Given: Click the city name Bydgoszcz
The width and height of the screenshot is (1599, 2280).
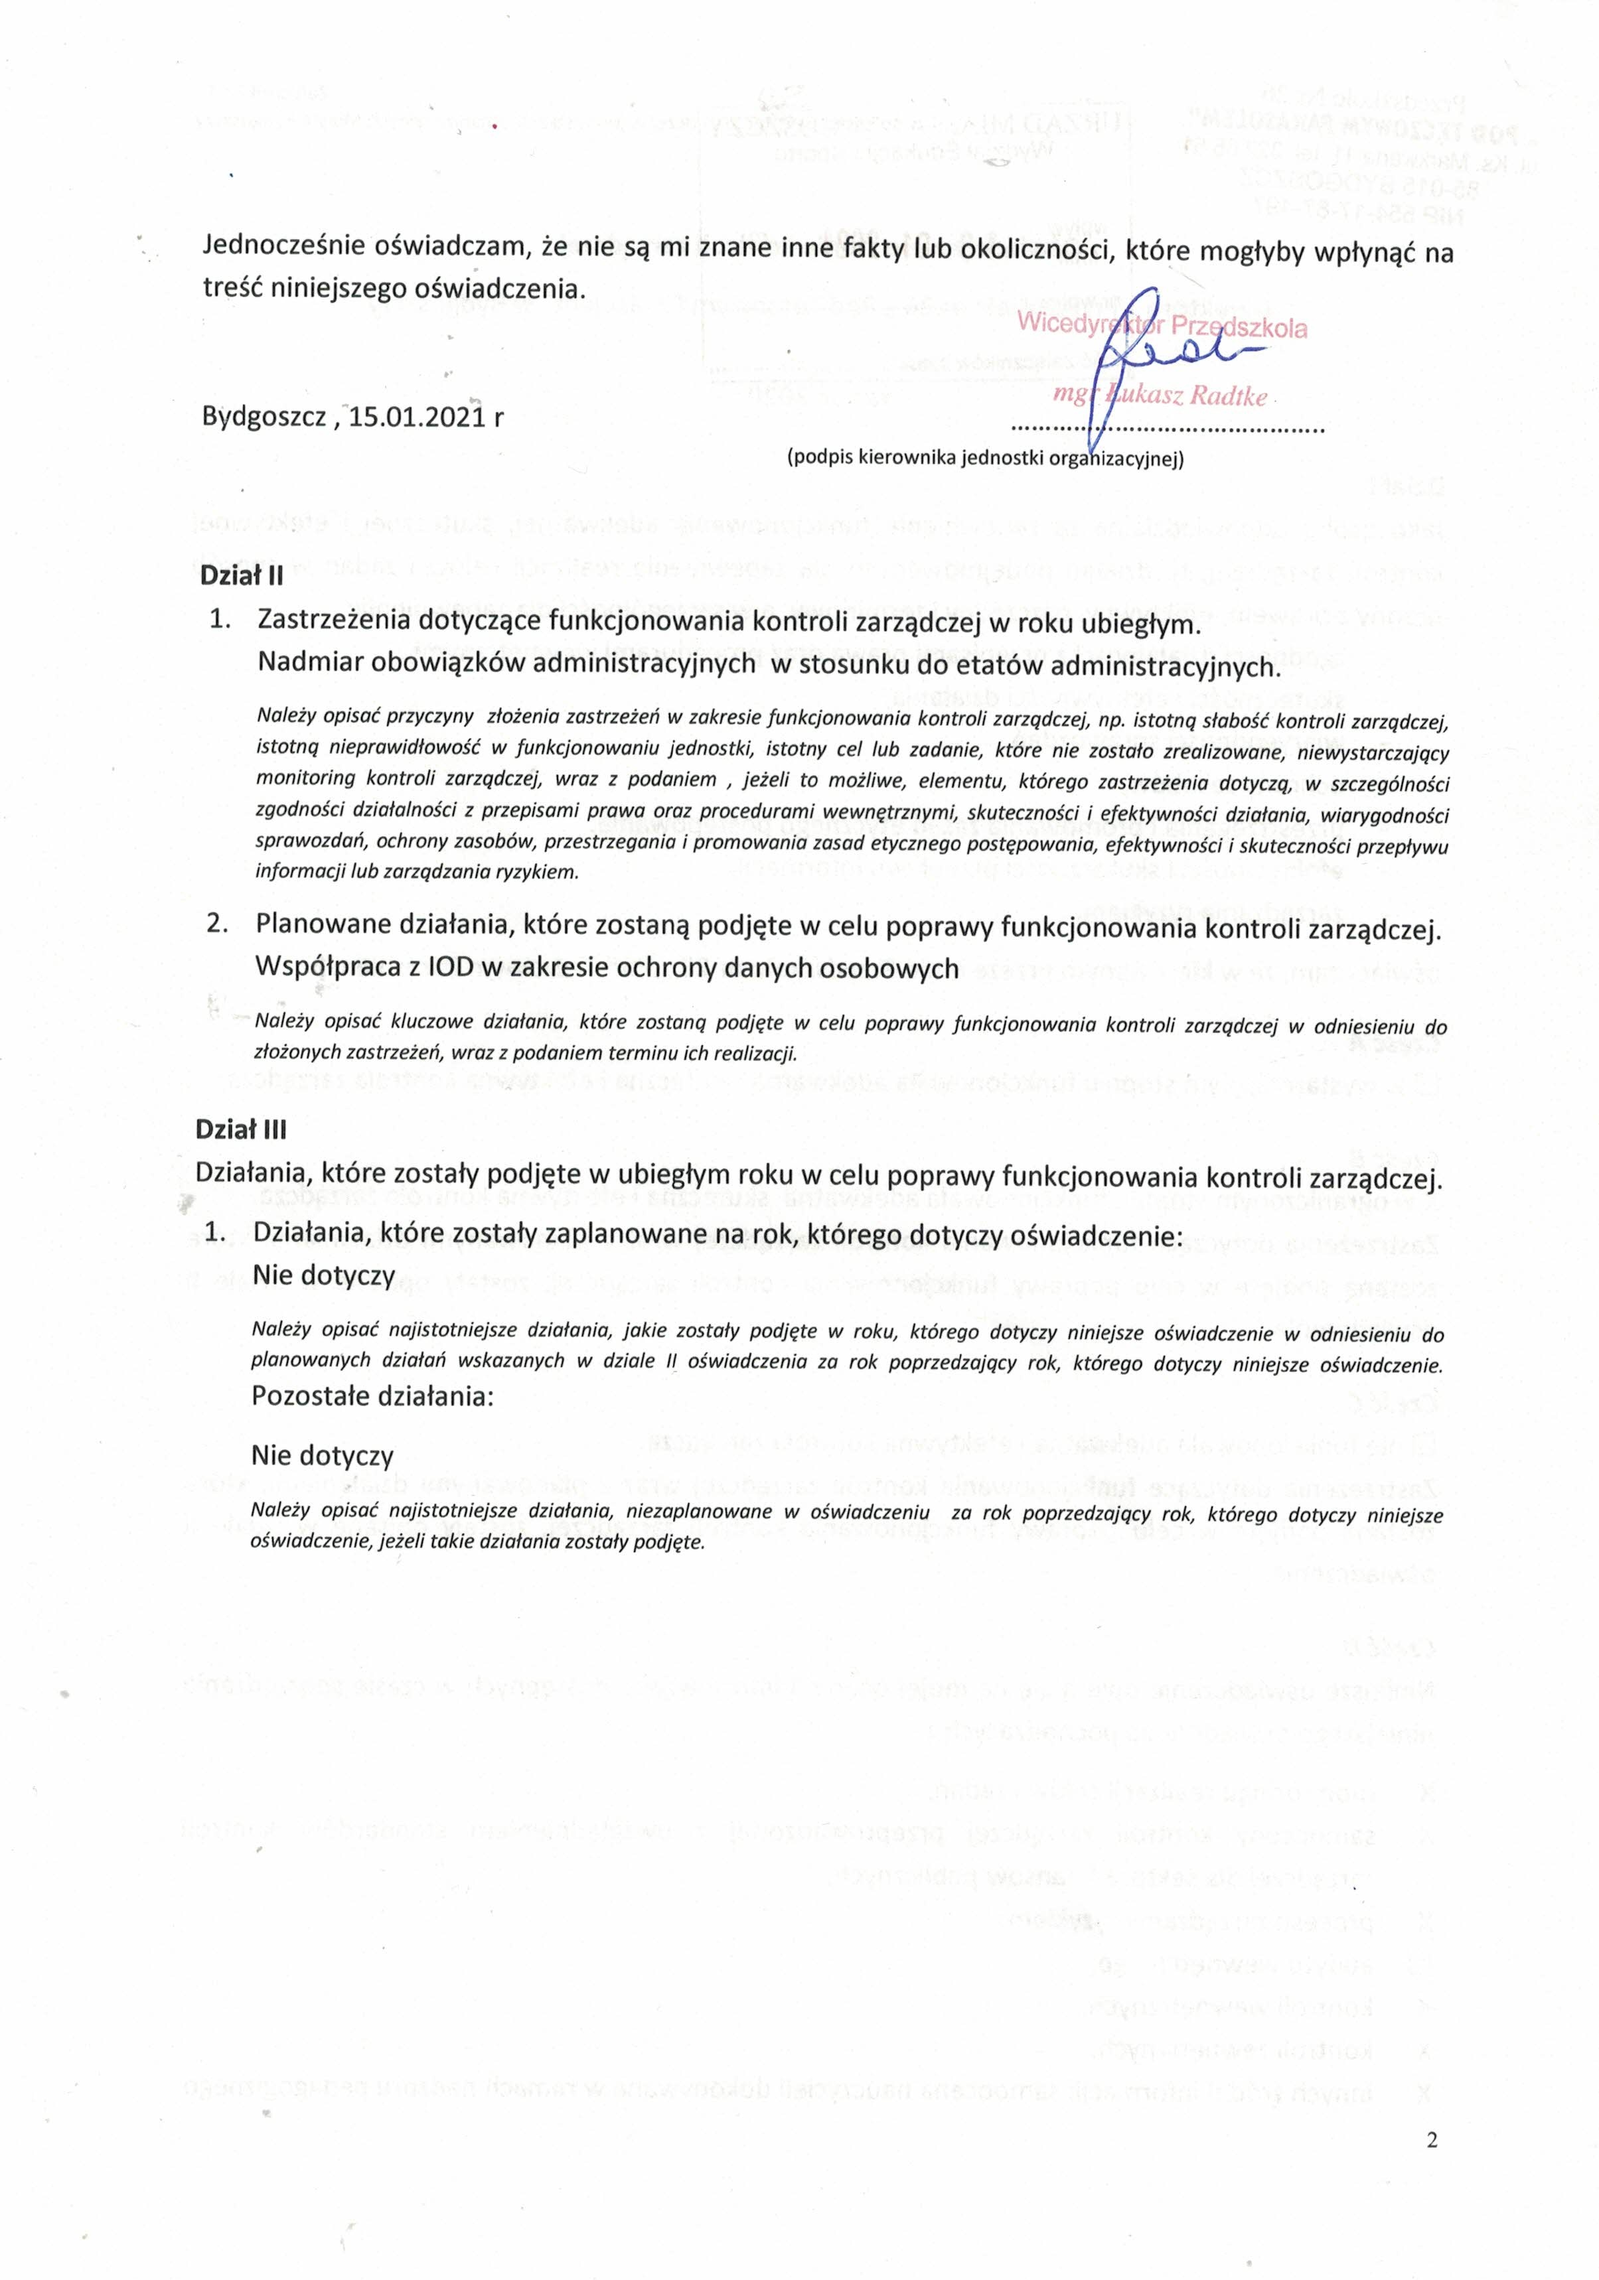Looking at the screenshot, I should point(264,417).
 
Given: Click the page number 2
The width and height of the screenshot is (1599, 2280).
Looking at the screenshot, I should point(1431,2140).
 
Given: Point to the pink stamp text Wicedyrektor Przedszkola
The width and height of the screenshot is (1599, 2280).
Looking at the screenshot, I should point(1162,324).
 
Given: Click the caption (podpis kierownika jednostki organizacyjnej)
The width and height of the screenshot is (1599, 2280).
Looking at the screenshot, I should point(985,459).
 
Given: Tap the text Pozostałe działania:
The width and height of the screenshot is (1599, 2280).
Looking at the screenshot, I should point(372,1395).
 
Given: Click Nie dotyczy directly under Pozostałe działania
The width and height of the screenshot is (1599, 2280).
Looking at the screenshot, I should point(322,1456).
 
